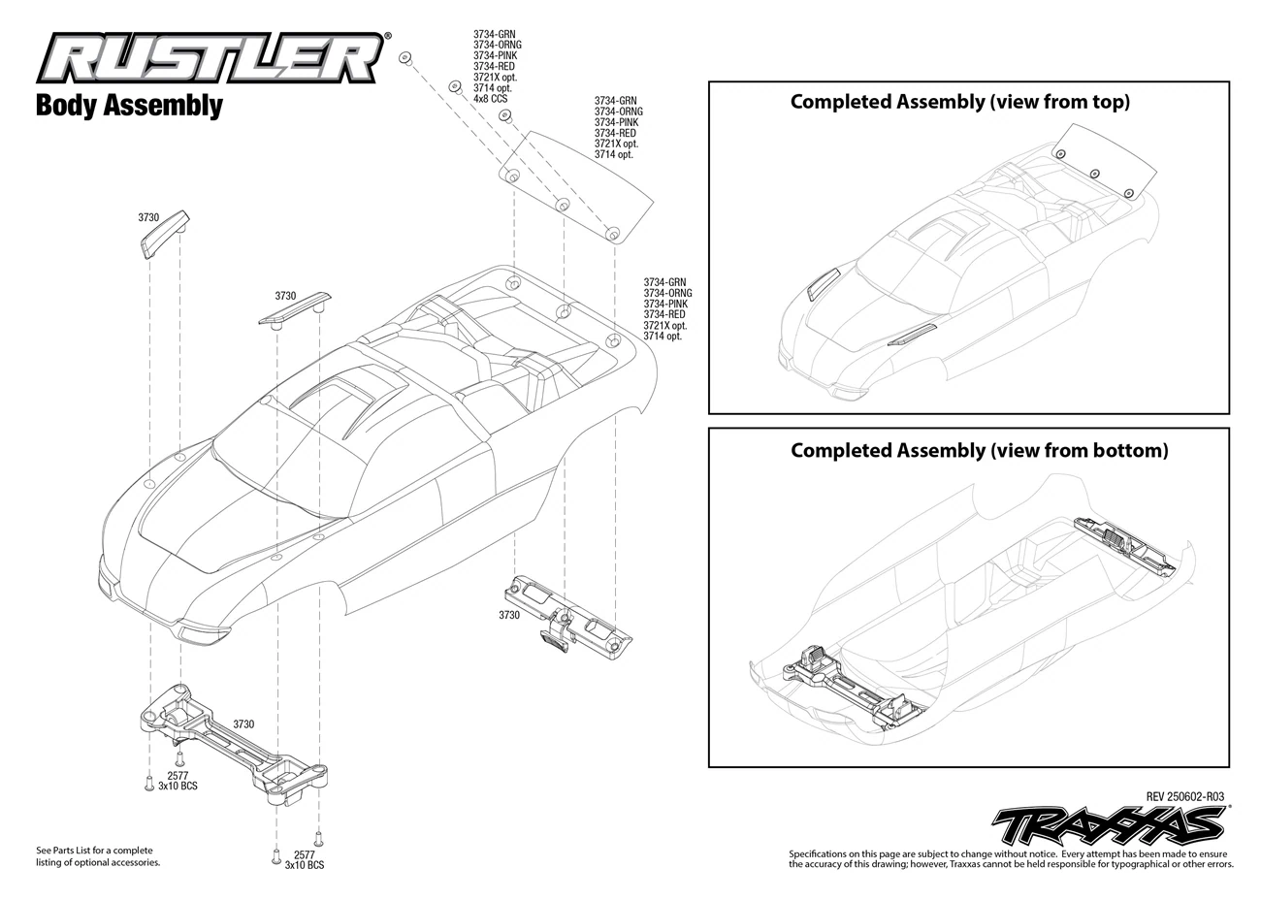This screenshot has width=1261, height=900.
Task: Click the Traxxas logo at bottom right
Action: pos(1110,825)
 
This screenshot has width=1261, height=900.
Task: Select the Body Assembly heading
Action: pos(129,106)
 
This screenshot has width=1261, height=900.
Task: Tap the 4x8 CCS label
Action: pos(490,99)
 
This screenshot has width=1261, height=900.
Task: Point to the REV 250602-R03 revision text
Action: pos(1185,796)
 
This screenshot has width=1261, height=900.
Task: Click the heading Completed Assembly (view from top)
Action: pos(960,102)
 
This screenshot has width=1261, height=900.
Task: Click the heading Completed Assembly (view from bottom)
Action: pos(979,450)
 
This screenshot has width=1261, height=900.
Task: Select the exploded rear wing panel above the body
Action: pos(576,187)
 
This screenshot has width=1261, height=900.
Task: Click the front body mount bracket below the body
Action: pos(234,744)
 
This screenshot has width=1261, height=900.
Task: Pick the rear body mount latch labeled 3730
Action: pos(567,617)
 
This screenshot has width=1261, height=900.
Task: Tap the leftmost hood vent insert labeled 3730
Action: pos(164,235)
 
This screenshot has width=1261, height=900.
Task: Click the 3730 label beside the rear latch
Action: pos(509,615)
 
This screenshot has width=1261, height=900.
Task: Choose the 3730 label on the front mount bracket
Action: pos(243,723)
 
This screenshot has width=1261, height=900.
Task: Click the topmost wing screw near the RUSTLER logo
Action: pos(405,58)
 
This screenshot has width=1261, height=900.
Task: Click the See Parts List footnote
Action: pos(98,855)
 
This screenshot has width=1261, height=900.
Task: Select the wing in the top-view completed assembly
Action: pos(1105,161)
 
